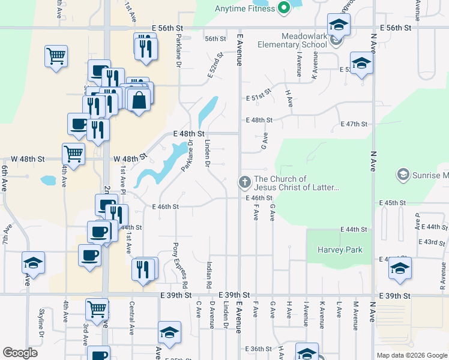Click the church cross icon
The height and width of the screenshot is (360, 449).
(x=244, y=181)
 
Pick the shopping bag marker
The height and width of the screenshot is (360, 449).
(x=139, y=100)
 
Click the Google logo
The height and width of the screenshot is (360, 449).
(x=20, y=353)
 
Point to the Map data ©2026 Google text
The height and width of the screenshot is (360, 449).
(x=411, y=355)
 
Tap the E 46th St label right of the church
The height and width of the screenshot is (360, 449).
(x=259, y=198)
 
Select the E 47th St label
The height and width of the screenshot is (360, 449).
(x=354, y=124)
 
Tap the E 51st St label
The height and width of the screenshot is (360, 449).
(x=259, y=98)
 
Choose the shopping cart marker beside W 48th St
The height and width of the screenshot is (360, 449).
(x=73, y=153)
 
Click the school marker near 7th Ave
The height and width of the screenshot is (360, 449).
(x=34, y=263)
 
